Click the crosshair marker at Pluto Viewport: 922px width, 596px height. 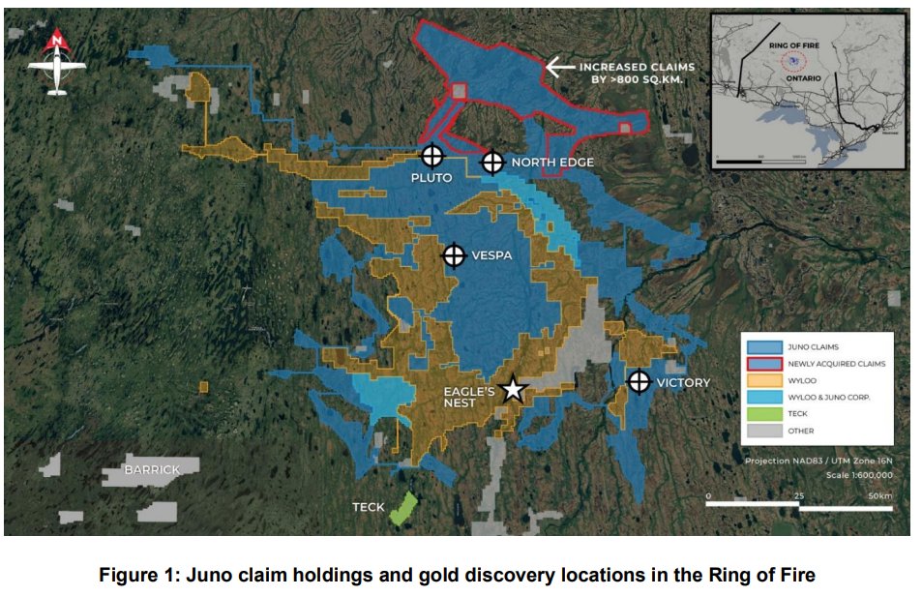pos(432,155)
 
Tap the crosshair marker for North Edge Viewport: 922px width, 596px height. pos(493,162)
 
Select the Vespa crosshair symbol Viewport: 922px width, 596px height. pos(454,255)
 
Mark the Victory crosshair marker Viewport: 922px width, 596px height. pos(639,381)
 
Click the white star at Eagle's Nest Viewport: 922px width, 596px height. pos(513,389)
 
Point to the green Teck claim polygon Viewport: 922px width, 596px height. pos(402,509)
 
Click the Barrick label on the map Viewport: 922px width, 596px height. pos(152,470)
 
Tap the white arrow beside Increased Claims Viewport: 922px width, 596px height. pos(560,67)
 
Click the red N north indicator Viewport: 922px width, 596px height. pos(57,41)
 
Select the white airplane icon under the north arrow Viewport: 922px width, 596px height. pos(57,74)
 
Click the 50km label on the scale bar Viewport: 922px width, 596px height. pos(880,496)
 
